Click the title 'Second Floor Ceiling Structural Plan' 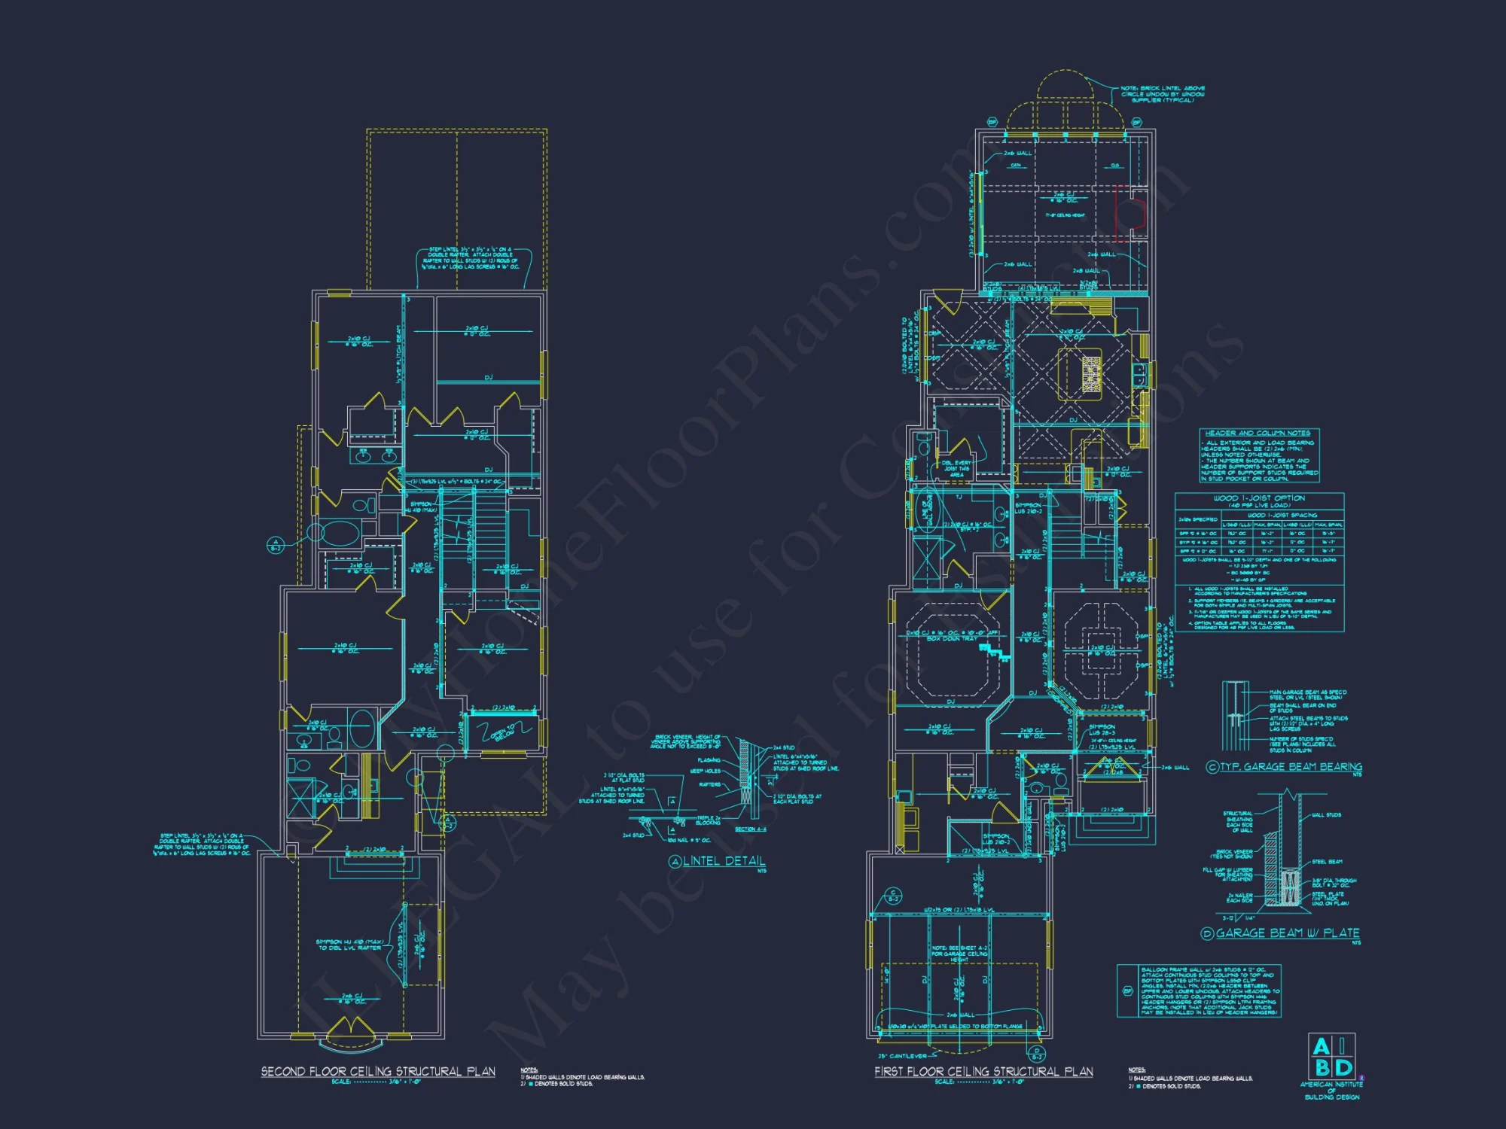tap(378, 1071)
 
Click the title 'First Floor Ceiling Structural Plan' tap(983, 1071)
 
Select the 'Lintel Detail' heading tap(724, 861)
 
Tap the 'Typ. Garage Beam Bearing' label tap(1291, 767)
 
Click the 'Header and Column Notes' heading tap(1258, 434)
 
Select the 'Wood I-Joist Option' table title tap(1259, 498)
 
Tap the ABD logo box tap(1332, 1057)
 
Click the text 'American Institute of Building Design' tap(1331, 1091)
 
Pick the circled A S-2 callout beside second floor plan tap(276, 545)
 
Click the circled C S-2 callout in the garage tap(893, 896)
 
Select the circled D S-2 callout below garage tap(1037, 1054)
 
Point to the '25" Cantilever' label tap(901, 1056)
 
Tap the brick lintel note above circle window tap(1162, 94)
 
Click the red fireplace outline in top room tap(1131, 215)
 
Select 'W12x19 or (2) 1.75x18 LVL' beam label tap(959, 910)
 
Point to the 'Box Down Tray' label tap(952, 638)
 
